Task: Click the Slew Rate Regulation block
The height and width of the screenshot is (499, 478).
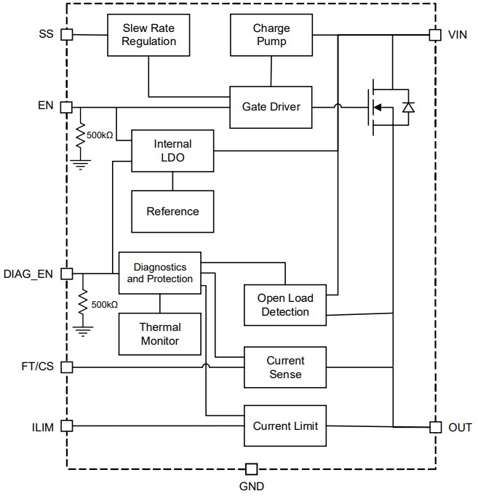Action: click(x=148, y=35)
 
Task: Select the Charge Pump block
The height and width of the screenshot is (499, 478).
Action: click(x=271, y=35)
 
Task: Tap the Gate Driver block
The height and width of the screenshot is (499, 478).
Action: click(x=271, y=106)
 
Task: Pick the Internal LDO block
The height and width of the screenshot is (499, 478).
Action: click(x=172, y=151)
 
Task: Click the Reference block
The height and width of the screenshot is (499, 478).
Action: click(x=172, y=212)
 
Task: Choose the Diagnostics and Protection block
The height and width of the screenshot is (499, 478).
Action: click(x=160, y=274)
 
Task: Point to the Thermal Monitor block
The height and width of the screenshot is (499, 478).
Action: click(x=160, y=334)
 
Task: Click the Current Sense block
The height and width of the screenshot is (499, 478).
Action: click(x=285, y=367)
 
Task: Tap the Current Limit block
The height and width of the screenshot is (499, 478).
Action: click(x=285, y=426)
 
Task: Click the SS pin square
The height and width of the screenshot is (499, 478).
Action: click(x=66, y=34)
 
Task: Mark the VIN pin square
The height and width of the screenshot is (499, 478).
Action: click(x=435, y=34)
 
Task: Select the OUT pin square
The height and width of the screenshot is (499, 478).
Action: click(x=435, y=427)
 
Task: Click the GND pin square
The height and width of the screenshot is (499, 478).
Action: click(x=251, y=469)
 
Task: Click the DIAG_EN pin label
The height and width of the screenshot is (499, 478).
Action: click(x=29, y=274)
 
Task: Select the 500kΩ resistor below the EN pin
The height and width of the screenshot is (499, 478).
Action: click(x=81, y=136)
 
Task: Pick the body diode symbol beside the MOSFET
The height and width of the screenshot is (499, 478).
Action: click(x=408, y=108)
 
